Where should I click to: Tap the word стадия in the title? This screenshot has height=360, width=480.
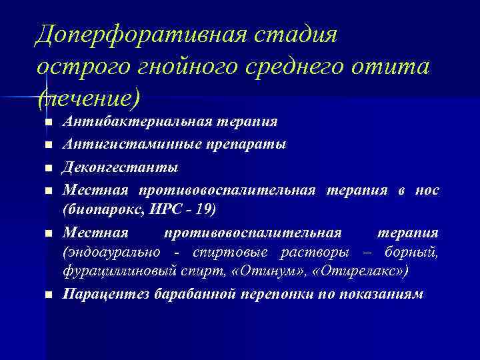point(303,35)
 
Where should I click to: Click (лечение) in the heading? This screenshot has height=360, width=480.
point(89,99)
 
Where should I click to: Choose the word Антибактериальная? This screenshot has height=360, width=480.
point(137,122)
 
